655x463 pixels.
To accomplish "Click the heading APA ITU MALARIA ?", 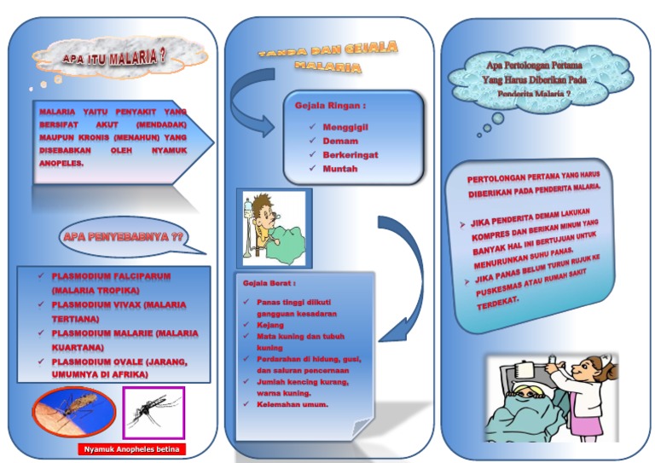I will (113, 59).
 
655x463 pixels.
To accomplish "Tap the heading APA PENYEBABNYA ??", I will (124, 236).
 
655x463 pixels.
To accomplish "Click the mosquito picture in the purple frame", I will (154, 414).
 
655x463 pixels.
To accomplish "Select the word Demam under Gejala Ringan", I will (340, 141).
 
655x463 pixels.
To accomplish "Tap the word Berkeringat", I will (350, 155).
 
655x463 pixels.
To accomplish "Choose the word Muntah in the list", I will (339, 169).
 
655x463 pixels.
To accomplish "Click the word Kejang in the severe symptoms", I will (270, 325).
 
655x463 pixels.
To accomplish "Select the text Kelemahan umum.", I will (293, 403).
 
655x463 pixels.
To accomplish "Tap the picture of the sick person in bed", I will (273, 227).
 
